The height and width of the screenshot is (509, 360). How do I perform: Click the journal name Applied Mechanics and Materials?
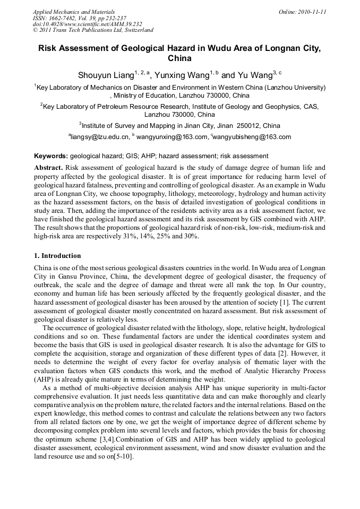point(74,12)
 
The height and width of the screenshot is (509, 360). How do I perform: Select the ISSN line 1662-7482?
point(79,18)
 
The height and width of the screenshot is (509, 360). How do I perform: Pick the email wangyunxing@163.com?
point(172,137)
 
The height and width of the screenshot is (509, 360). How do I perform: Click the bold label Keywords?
point(51,156)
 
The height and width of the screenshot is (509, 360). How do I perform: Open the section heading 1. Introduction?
point(57,255)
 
